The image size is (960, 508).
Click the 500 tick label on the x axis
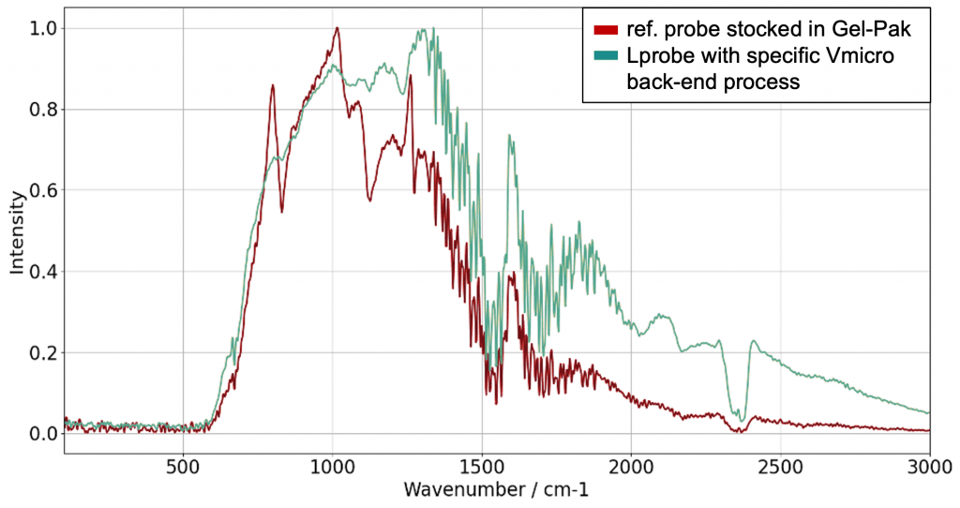click(183, 467)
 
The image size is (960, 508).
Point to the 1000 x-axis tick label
click(332, 467)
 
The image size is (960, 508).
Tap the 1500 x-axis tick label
click(481, 467)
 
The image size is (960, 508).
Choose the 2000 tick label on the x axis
click(630, 467)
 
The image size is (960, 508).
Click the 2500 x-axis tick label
click(779, 467)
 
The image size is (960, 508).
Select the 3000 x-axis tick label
click(927, 467)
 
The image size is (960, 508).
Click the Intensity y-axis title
click(16, 232)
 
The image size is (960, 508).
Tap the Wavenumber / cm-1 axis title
click(497, 489)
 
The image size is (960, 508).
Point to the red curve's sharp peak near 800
click(272, 85)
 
